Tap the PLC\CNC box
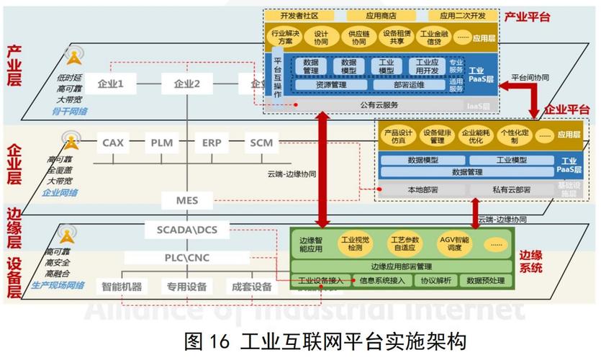[x=186, y=257]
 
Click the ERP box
[x=212, y=143]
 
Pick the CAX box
[x=113, y=143]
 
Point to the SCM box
[x=261, y=143]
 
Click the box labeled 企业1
[x=111, y=84]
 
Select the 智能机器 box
[x=122, y=287]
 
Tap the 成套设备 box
[x=252, y=287]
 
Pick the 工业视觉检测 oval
[x=356, y=243]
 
